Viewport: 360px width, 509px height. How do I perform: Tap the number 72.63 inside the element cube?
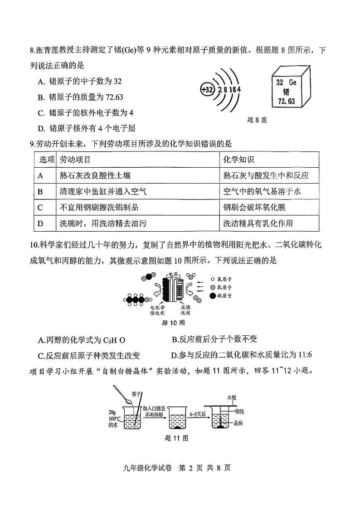click(286, 101)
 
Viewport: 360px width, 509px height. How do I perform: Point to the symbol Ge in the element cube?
click(292, 82)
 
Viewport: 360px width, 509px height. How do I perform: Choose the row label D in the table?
click(40, 223)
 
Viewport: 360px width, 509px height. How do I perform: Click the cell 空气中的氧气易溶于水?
click(262, 191)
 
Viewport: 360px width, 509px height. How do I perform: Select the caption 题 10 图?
click(173, 323)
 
